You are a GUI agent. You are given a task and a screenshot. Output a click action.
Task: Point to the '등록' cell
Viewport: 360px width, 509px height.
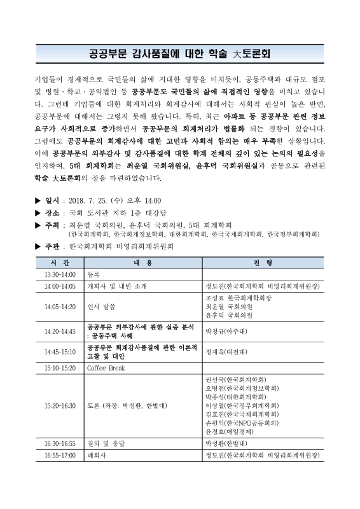tap(93, 274)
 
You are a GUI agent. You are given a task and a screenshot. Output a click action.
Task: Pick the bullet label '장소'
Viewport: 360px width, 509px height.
tap(52, 213)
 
